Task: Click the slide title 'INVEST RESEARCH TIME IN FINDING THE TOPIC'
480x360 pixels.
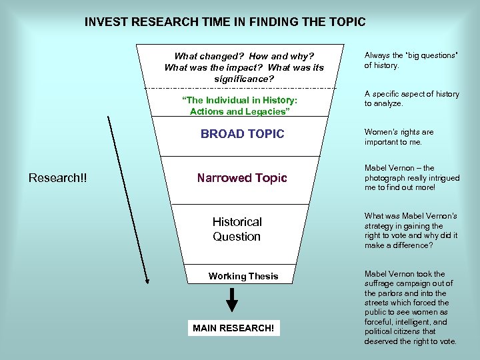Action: coord(225,22)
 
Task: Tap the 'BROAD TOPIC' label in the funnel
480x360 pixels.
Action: coord(242,134)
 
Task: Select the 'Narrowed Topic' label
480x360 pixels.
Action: coord(242,178)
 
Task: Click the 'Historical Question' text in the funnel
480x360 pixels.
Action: coord(237,229)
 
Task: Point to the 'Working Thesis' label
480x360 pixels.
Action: coord(243,276)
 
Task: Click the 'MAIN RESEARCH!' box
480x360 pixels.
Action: coord(233,328)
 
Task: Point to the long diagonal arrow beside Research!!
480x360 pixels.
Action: coord(127,200)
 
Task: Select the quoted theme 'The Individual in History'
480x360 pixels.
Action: coord(240,100)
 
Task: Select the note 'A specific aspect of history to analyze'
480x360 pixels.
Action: coord(411,99)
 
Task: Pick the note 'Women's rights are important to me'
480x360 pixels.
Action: coord(399,137)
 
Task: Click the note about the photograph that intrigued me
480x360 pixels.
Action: coord(412,178)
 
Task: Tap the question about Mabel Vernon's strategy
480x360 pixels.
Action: coord(411,231)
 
